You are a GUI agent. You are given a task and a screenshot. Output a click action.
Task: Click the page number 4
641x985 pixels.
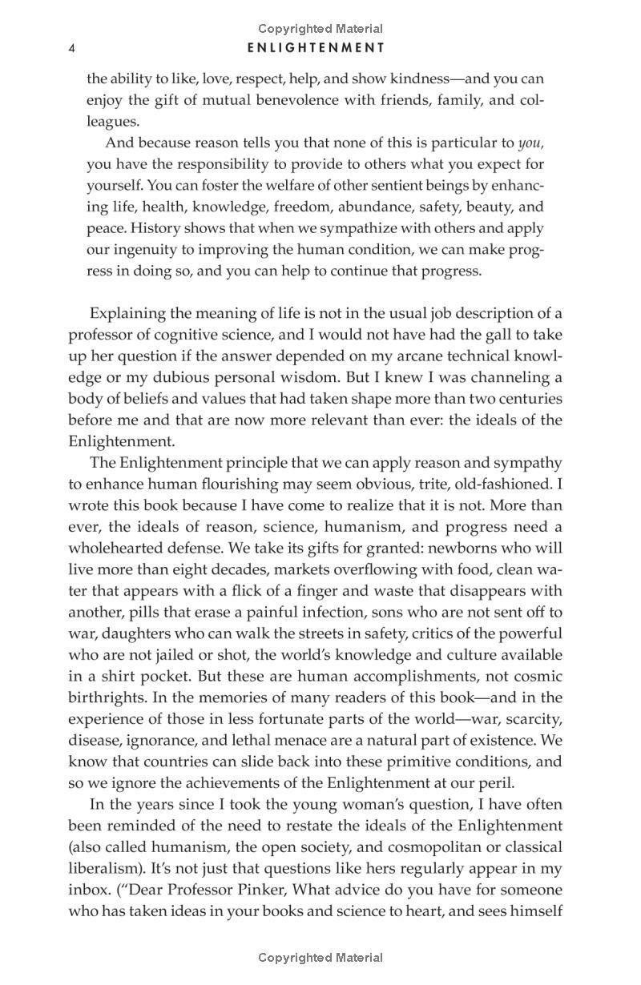(72, 49)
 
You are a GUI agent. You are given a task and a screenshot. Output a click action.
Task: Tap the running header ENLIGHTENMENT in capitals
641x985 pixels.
(316, 48)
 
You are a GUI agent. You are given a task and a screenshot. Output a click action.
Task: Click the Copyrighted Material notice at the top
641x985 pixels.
(320, 29)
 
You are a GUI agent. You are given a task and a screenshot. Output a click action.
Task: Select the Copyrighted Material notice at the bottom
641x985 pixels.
(320, 957)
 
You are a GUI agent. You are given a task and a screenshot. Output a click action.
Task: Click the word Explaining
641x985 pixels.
(127, 313)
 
